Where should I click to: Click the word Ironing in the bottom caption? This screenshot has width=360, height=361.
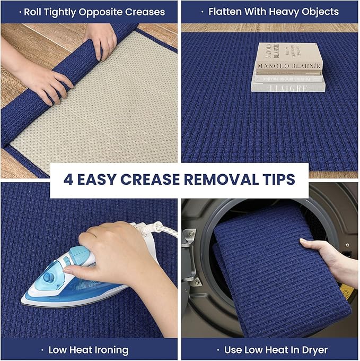[110, 350]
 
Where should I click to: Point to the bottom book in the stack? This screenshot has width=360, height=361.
[287, 87]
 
